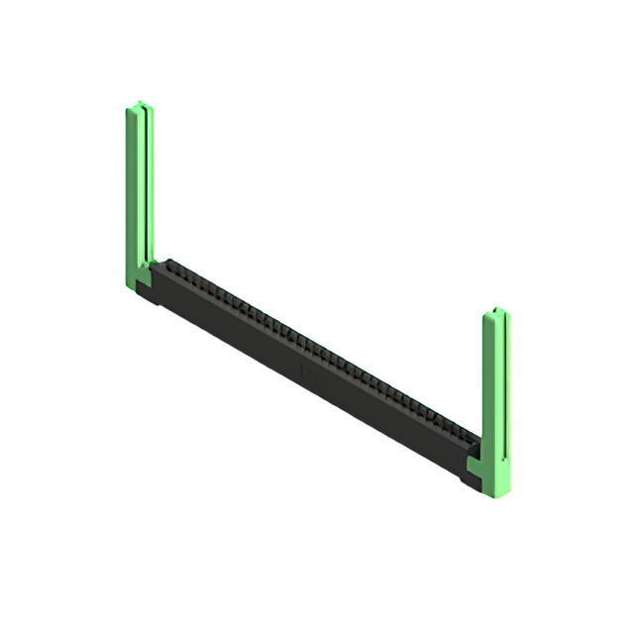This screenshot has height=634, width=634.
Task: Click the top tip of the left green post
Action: pos(140,103)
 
